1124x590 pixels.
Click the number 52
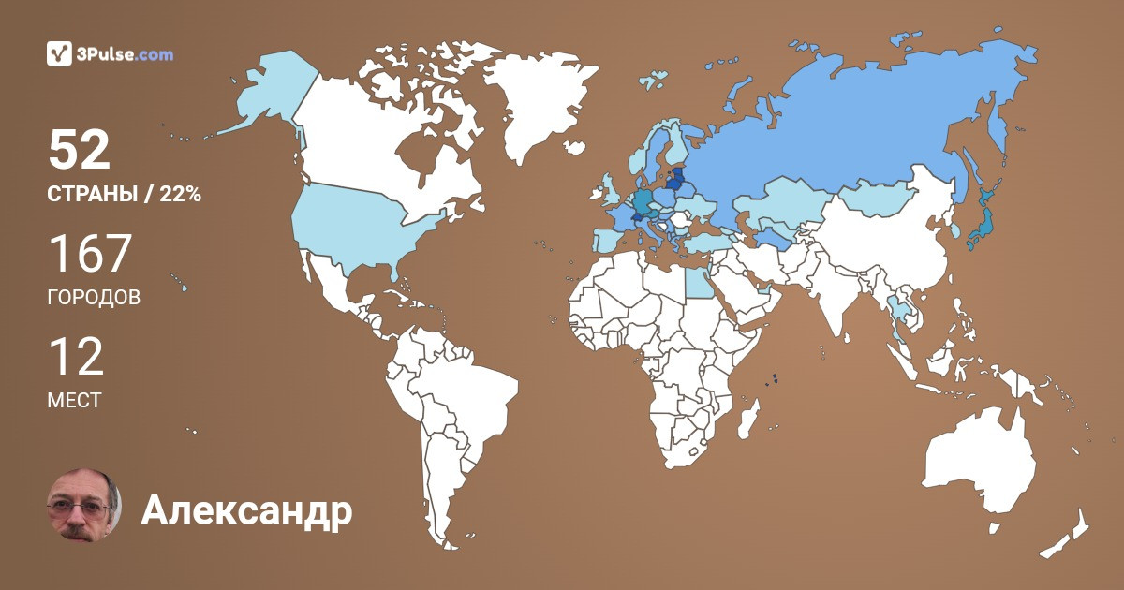click(x=80, y=150)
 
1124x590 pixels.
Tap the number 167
click(x=90, y=253)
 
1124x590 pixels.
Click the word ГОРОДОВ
click(x=94, y=298)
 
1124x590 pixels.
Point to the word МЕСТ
click(x=74, y=401)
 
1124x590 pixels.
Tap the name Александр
click(x=246, y=511)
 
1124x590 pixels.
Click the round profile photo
click(x=83, y=505)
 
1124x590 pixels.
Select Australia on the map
click(x=979, y=464)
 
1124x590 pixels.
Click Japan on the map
click(x=982, y=225)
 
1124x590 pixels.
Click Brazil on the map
click(x=468, y=393)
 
